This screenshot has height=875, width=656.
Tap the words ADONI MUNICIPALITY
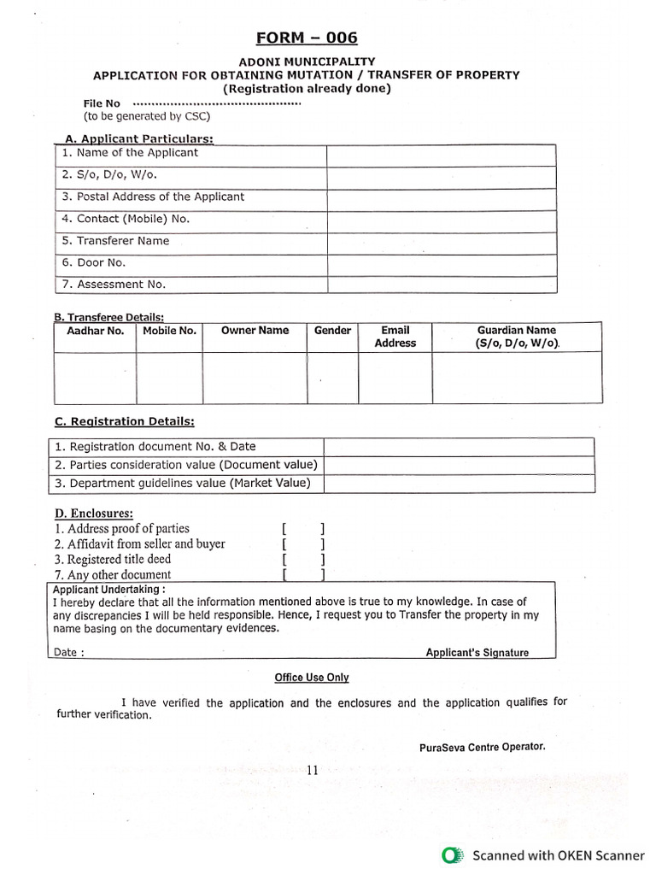[307, 62]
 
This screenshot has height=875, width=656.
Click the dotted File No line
[217, 103]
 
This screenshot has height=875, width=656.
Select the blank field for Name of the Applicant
[441, 155]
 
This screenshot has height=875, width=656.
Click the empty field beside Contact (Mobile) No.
[441, 220]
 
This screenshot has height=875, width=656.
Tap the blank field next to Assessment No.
[441, 285]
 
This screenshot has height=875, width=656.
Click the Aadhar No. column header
[95, 331]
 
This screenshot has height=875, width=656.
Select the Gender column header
[332, 331]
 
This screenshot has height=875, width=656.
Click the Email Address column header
[395, 337]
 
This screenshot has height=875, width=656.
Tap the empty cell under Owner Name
[255, 378]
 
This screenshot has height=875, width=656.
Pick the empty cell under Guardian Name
[516, 378]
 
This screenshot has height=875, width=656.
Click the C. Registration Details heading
[124, 421]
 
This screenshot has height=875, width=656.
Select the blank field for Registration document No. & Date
[458, 447]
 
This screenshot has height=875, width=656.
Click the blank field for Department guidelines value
[458, 484]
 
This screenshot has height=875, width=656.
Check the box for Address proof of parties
[302, 529]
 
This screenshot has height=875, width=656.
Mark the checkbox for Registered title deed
[302, 560]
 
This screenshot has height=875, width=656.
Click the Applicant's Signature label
[477, 653]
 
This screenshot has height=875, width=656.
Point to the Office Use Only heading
[311, 678]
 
